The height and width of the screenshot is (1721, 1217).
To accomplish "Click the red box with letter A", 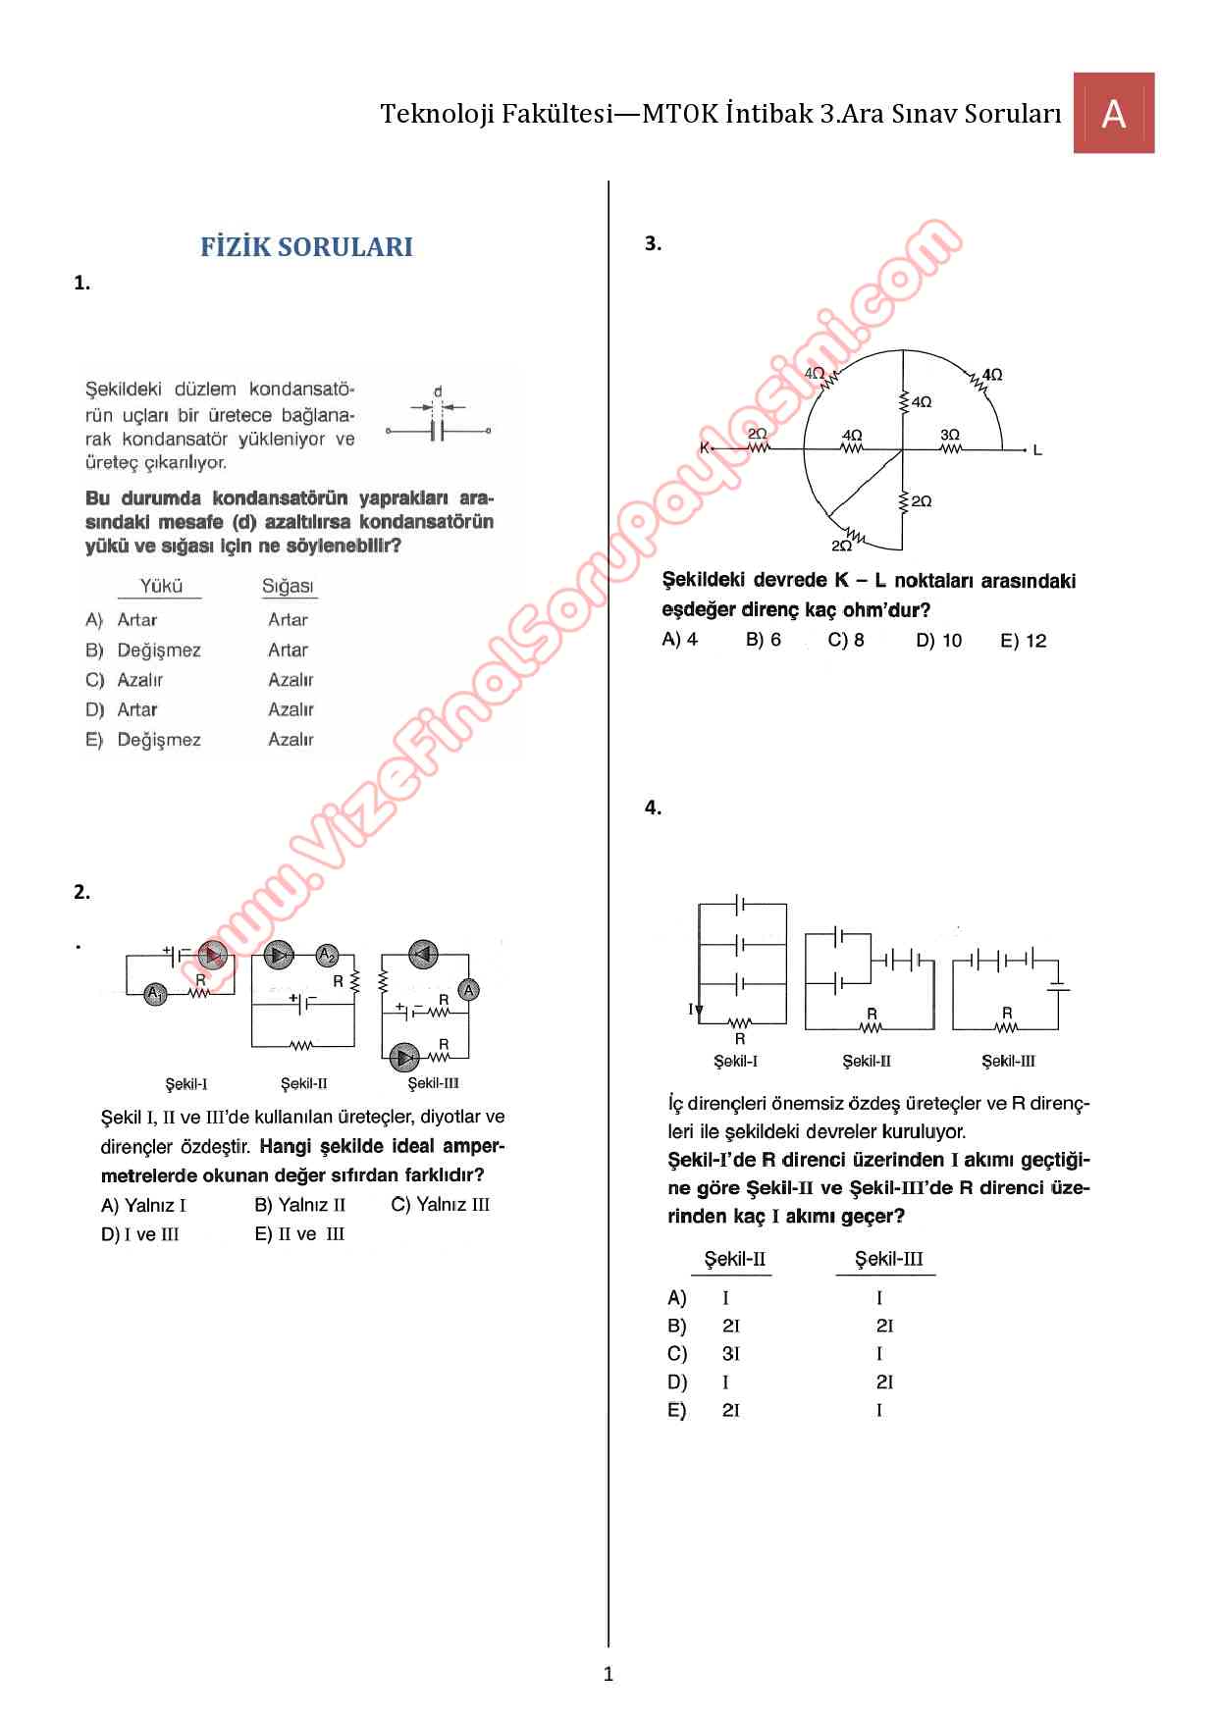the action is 1113,113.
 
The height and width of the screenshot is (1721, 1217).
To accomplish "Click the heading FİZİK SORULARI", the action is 306,247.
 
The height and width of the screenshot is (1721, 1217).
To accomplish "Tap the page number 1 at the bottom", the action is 608,1674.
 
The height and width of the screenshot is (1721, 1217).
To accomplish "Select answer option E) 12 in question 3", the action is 1024,641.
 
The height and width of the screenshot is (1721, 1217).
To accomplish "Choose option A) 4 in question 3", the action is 680,640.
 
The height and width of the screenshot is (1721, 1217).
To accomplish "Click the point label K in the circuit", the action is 704,448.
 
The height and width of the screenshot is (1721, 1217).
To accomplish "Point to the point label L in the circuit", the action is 1037,450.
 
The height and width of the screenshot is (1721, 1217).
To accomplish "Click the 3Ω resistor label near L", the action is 950,435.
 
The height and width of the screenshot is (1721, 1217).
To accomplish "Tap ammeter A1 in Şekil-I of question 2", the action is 155,994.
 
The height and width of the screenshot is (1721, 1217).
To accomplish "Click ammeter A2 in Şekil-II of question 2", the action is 327,955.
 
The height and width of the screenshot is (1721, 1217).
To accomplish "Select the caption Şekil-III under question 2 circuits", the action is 434,1083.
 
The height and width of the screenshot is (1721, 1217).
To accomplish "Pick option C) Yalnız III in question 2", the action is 441,1205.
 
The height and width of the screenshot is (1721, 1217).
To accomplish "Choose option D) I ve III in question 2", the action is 140,1234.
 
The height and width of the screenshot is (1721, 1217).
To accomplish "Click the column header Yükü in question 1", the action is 161,586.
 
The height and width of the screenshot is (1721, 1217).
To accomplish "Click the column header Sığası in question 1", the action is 289,587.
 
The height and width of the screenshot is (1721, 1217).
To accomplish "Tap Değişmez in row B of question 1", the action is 159,651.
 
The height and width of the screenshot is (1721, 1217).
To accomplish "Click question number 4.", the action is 653,808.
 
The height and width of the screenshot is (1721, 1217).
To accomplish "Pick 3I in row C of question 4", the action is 731,1354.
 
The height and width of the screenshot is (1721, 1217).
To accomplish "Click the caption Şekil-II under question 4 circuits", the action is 867,1061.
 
